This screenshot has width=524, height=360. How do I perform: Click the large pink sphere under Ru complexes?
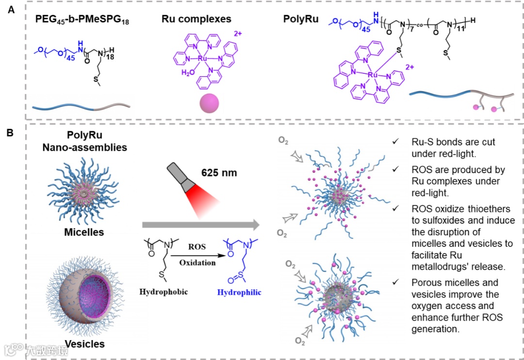pos(209,103)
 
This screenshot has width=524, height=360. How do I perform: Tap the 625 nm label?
pos(219,172)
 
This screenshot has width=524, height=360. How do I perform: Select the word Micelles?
pos(84,232)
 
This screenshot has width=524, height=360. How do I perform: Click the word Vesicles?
pos(84,344)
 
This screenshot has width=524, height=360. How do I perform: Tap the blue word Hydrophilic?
pos(239,292)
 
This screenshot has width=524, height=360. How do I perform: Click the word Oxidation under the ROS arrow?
pos(197,262)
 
